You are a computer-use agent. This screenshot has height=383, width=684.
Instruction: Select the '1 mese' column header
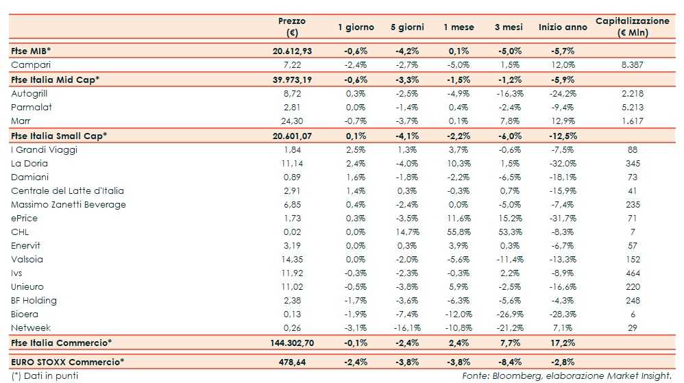tap(459, 27)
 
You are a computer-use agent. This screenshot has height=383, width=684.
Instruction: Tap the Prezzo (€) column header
tap(292, 27)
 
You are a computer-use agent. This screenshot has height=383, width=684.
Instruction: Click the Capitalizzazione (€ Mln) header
tap(632, 27)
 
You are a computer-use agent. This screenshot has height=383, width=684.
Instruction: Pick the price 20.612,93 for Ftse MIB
tap(292, 51)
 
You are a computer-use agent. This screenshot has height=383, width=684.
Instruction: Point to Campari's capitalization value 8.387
tap(632, 64)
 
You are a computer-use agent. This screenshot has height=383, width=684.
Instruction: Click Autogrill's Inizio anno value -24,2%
tap(562, 92)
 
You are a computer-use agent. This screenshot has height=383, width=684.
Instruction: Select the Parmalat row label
tap(32, 107)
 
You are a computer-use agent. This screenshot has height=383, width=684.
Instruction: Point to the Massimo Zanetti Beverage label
tap(69, 204)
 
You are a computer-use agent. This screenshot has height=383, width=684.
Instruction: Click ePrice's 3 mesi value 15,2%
tap(509, 218)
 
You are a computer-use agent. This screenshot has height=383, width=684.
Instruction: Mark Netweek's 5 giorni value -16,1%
tap(407, 328)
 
